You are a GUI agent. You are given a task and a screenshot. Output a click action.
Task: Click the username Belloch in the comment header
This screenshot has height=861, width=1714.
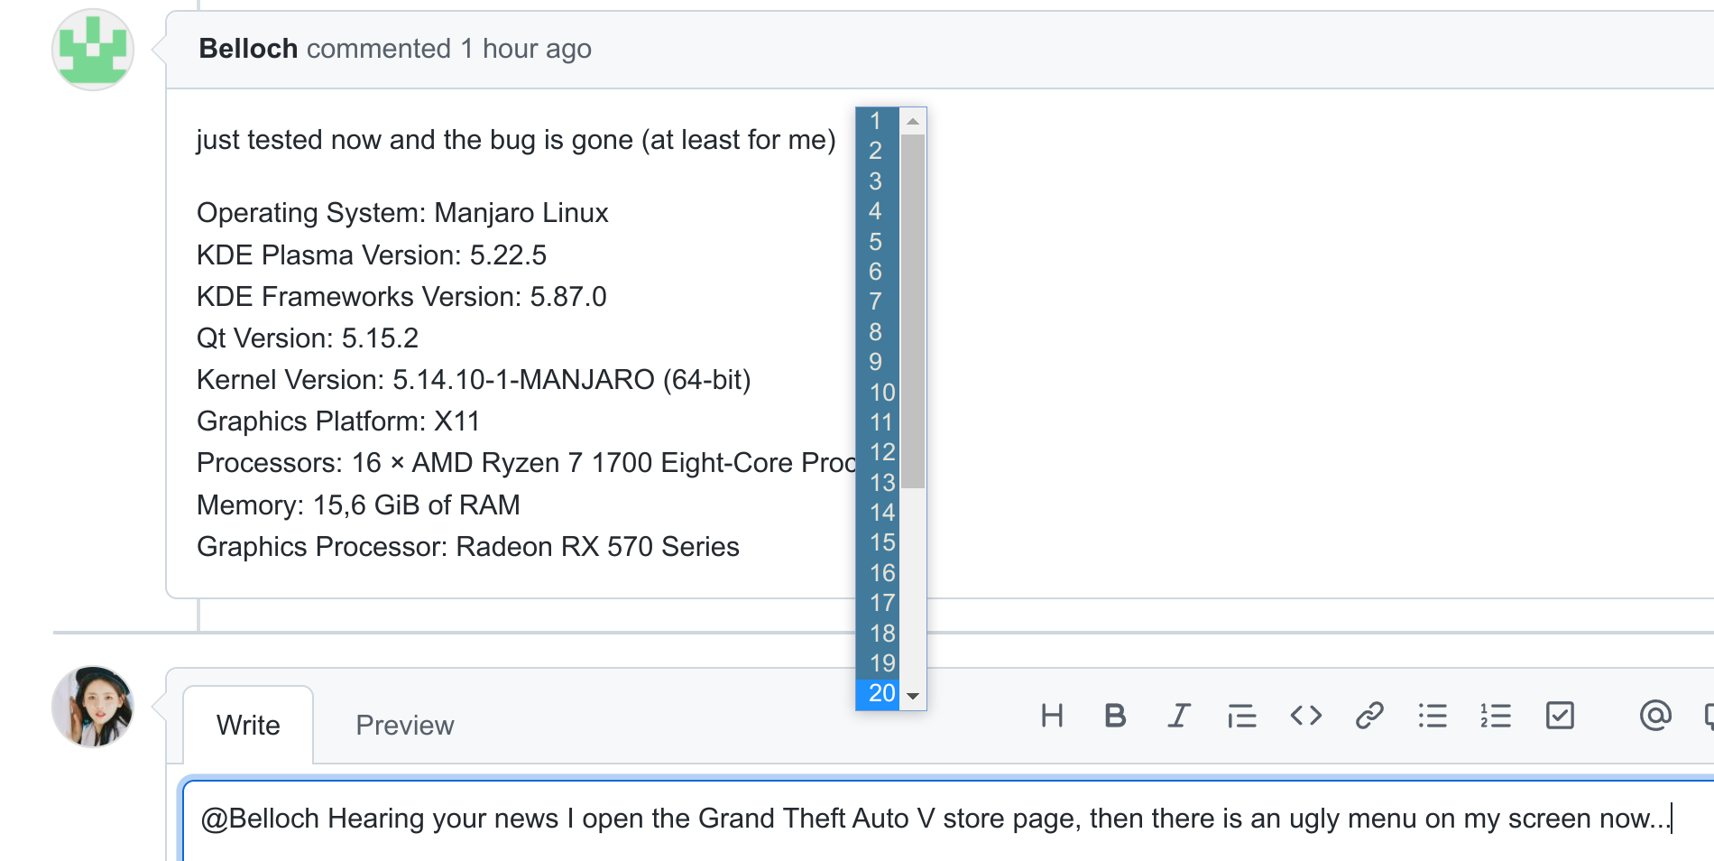point(248,49)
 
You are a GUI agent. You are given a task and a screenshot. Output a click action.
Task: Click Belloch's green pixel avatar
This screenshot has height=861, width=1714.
point(93,50)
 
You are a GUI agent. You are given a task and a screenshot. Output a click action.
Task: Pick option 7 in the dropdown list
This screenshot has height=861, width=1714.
point(875,301)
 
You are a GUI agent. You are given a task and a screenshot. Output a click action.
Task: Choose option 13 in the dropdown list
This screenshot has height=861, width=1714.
point(881,483)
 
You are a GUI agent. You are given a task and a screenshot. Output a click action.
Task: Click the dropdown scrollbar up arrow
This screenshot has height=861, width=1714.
point(913,121)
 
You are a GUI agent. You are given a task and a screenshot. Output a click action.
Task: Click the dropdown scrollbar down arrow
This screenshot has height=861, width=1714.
point(913,696)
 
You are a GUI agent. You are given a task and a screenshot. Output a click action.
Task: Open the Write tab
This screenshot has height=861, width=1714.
point(248,725)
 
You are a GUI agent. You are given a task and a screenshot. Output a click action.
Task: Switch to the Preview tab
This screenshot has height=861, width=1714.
point(405,725)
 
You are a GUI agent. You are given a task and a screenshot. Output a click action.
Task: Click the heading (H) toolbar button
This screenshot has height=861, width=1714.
point(1052,716)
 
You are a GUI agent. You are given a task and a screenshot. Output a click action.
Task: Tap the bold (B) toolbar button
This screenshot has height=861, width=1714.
point(1115,716)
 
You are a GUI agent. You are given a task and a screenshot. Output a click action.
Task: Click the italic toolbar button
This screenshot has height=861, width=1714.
point(1178,716)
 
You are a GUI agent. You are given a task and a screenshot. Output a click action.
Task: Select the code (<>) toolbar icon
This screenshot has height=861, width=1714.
point(1305,716)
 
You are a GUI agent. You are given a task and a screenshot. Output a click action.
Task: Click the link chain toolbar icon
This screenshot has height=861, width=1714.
point(1368,716)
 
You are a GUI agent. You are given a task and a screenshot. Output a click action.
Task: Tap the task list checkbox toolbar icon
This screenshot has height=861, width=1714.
point(1560,716)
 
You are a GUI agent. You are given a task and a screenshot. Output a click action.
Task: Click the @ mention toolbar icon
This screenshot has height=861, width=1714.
point(1655,716)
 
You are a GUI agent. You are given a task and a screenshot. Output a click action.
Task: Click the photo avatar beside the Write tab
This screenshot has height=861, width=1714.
point(93,707)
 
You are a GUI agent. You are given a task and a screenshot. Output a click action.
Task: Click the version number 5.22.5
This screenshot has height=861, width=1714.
point(508,255)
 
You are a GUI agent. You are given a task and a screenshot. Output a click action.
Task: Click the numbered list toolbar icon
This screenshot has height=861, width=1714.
point(1496,716)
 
